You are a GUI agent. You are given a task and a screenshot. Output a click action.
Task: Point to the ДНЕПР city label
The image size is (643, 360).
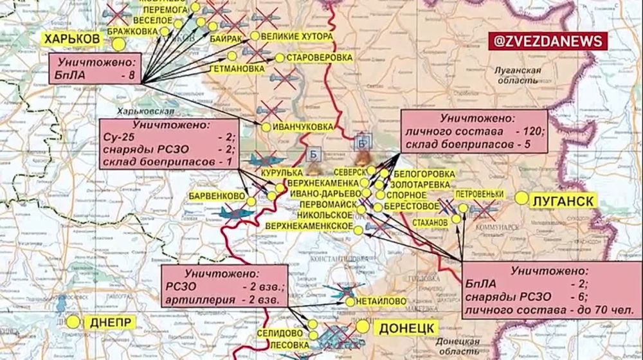point(111,322)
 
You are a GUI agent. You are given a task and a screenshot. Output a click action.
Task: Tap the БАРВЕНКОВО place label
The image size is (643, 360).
point(219,195)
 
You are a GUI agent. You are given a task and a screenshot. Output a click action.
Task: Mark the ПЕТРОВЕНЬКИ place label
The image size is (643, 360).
point(478,193)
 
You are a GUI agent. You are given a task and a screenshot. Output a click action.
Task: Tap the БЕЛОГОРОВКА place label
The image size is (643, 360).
point(424,174)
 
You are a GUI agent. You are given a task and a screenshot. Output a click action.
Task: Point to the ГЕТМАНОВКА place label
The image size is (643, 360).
point(237,68)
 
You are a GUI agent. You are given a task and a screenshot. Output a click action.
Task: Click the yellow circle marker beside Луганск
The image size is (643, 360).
point(521,199)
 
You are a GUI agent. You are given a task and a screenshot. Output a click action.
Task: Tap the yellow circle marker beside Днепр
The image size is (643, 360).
point(74,321)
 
